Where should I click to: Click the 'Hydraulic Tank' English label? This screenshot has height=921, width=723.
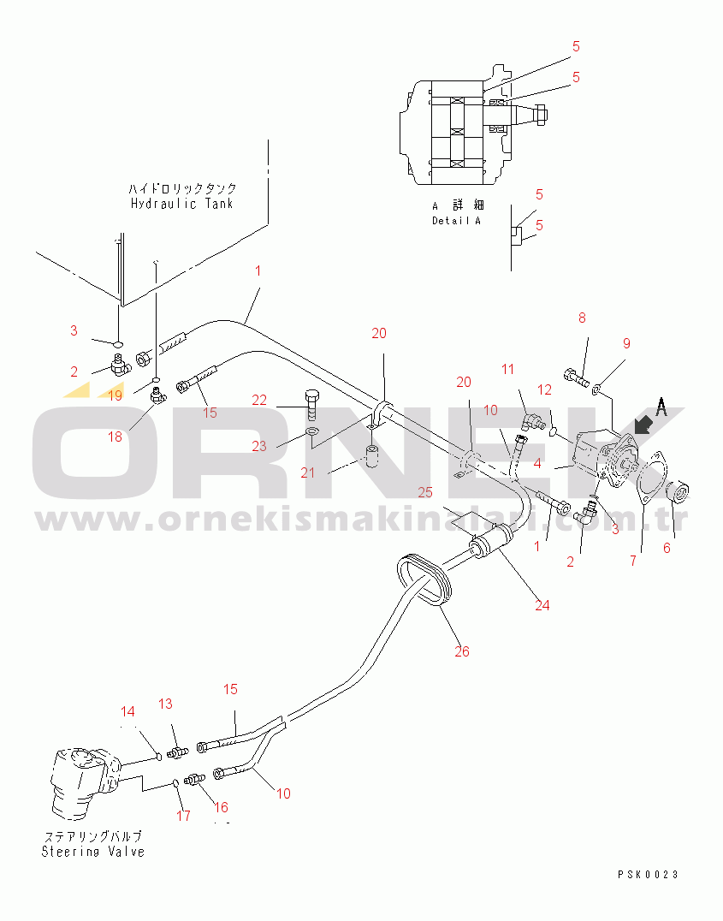click(181, 204)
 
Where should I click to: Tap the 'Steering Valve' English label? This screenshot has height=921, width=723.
click(92, 852)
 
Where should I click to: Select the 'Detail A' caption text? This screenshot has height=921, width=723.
click(456, 221)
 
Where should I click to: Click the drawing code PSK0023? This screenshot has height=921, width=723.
click(648, 875)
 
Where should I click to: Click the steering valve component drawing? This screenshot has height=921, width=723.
click(86, 783)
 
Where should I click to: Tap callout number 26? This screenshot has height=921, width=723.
click(462, 651)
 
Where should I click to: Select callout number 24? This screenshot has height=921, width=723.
click(542, 605)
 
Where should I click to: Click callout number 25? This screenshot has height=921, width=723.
click(425, 492)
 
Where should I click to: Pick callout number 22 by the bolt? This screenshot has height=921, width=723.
click(259, 400)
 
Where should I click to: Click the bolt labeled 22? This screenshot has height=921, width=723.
click(311, 404)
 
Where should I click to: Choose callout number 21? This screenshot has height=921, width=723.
click(308, 472)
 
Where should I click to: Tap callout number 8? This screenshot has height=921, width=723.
click(582, 318)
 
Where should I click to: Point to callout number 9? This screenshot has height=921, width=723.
click(626, 343)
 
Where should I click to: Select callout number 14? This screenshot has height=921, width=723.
click(127, 711)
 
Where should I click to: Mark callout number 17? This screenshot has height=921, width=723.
click(183, 815)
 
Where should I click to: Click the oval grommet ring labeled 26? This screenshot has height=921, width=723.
click(424, 579)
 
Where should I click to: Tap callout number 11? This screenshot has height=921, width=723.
click(507, 369)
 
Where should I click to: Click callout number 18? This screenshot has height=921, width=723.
click(116, 437)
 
